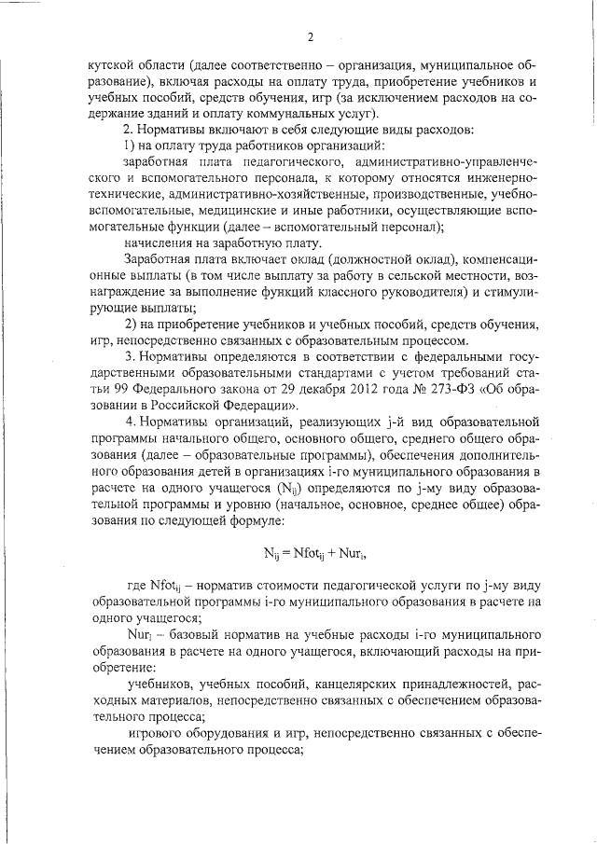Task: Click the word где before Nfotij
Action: point(135,586)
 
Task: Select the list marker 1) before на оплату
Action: point(130,144)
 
